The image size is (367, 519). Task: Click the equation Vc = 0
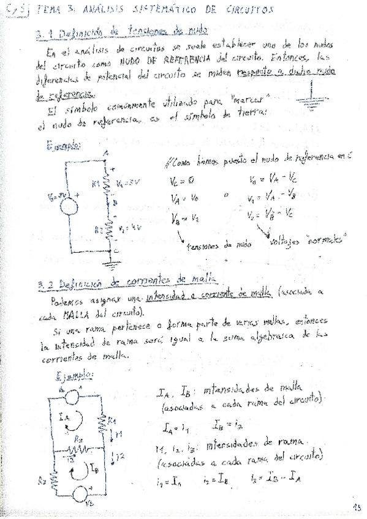point(183,181)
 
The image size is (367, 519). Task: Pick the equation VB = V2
point(184,218)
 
